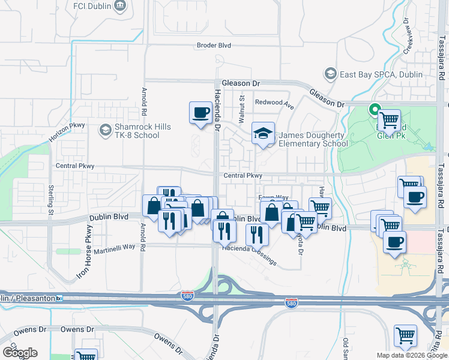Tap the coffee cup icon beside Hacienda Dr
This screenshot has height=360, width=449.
click(x=200, y=112)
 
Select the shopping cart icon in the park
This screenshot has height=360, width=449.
click(x=390, y=120)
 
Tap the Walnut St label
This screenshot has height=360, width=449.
click(x=242, y=109)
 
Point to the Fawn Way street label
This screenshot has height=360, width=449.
click(x=273, y=197)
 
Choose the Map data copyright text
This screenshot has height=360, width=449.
click(x=412, y=355)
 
